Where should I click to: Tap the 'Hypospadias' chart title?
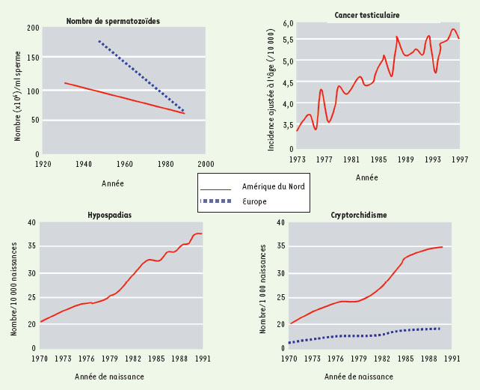(110, 215)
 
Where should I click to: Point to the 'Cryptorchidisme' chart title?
(359, 215)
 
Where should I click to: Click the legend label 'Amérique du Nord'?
(274, 186)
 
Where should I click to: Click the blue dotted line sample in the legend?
(217, 201)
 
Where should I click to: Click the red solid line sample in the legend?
(217, 187)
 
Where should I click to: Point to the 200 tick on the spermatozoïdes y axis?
(33, 28)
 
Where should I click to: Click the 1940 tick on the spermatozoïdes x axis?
(83, 162)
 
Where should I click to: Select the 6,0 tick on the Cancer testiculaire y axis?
(288, 25)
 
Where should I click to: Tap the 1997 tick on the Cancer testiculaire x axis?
(459, 159)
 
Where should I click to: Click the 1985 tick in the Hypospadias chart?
(157, 358)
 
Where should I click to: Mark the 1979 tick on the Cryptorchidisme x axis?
(359, 358)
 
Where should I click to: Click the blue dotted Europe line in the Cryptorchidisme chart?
(359, 335)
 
